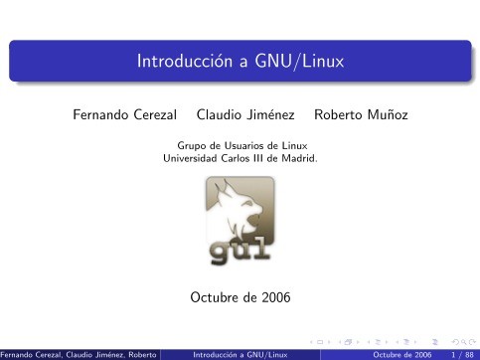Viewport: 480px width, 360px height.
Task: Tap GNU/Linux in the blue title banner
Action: pyautogui.click(x=297, y=63)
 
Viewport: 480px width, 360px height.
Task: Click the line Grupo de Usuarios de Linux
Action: pyautogui.click(x=240, y=145)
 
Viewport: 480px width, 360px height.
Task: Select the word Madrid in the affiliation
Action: pyautogui.click(x=299, y=156)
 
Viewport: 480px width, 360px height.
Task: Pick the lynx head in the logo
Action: pyautogui.click(x=241, y=208)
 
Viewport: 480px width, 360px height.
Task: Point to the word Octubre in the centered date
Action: pyautogui.click(x=211, y=296)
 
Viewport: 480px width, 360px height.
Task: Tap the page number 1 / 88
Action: pyautogui.click(x=462, y=353)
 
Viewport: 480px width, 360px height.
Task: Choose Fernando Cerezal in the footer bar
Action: pyautogui.click(x=30, y=353)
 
